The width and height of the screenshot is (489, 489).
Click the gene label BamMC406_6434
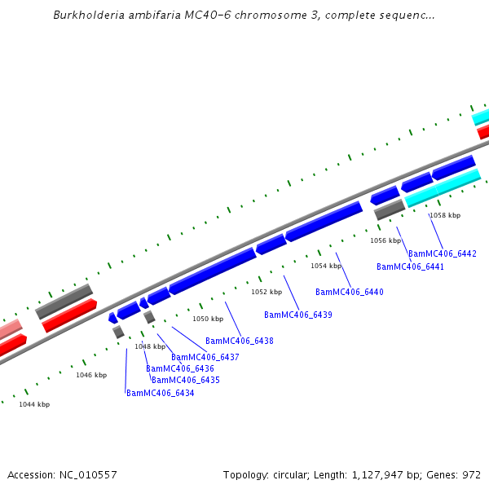(x=160, y=393)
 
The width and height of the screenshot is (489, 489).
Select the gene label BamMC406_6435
(x=185, y=380)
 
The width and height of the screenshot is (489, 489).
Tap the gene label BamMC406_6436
(x=179, y=368)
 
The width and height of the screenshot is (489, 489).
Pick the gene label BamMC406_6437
(x=205, y=357)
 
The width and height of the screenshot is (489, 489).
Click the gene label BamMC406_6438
(x=239, y=341)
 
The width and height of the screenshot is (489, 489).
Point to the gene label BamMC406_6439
(x=298, y=315)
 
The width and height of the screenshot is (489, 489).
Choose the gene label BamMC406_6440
(x=349, y=292)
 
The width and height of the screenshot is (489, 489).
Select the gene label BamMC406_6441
(x=410, y=267)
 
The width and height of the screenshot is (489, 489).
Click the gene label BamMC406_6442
(x=442, y=253)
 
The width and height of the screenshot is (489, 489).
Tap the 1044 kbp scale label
(x=34, y=404)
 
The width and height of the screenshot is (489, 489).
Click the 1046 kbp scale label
(x=91, y=375)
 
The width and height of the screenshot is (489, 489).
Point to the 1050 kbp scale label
(x=207, y=319)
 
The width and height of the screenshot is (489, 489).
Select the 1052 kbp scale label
(x=266, y=292)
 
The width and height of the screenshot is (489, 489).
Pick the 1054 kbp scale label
(x=325, y=266)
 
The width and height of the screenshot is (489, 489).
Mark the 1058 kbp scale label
(x=444, y=215)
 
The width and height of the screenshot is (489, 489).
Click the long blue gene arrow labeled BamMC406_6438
(x=212, y=271)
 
